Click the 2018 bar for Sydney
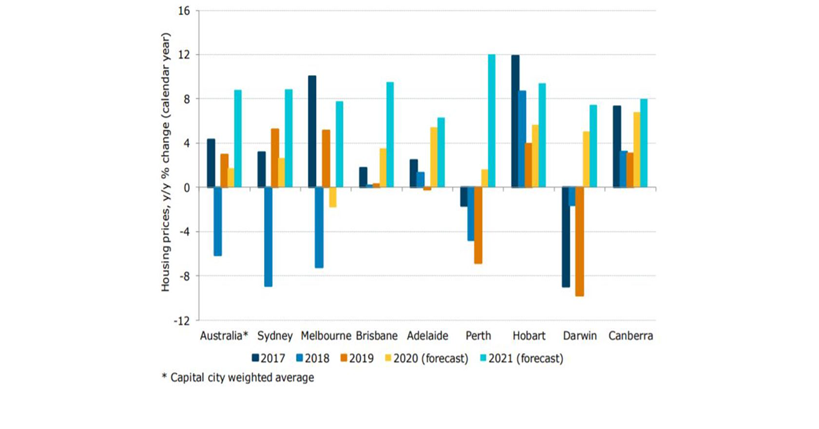point(269,236)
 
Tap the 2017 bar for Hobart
point(515,121)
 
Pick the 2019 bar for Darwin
point(579,241)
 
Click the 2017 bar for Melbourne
point(312,131)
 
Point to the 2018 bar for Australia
point(218,221)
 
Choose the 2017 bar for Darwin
point(566,237)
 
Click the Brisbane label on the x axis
point(377,336)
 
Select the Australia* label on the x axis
point(222,336)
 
